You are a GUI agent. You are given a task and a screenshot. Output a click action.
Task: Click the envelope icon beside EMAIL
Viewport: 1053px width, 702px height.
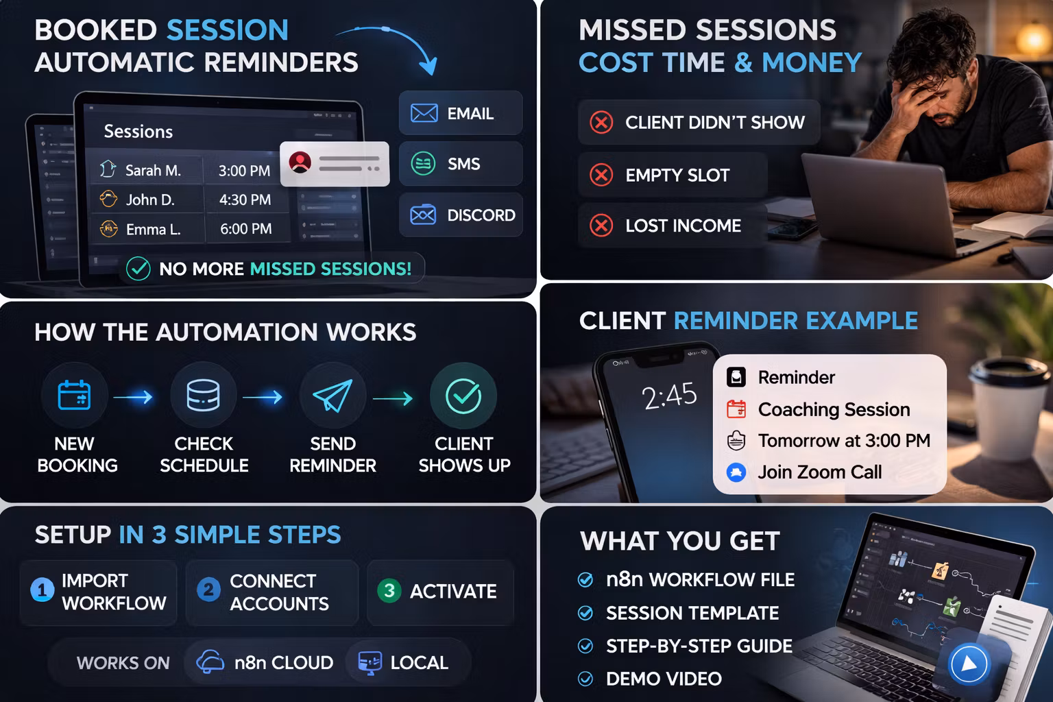[424, 113]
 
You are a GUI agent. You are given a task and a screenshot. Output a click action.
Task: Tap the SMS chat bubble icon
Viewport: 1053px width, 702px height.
[423, 164]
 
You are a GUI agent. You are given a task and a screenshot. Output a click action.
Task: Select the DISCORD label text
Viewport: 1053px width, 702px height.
[481, 215]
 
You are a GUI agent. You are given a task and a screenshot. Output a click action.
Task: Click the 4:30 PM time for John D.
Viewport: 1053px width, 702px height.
[245, 199]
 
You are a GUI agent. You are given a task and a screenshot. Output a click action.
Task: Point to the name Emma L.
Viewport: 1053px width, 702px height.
[154, 230]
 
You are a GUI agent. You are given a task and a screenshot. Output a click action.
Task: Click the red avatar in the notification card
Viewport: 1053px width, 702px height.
[300, 162]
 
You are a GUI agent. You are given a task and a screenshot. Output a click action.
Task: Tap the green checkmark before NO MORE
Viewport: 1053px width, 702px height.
[138, 269]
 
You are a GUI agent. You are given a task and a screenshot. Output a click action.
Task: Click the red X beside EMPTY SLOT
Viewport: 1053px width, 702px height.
[601, 175]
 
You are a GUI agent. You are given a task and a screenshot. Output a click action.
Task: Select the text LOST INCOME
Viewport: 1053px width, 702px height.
[683, 226]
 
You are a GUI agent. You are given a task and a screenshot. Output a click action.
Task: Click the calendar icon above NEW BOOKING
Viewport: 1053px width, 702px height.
[74, 395]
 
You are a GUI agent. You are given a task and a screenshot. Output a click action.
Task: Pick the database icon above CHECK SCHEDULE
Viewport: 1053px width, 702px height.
[203, 396]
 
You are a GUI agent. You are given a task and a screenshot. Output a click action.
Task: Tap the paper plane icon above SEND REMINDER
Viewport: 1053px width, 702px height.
[332, 396]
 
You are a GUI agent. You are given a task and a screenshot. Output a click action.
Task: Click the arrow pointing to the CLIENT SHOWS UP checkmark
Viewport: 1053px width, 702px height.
[393, 399]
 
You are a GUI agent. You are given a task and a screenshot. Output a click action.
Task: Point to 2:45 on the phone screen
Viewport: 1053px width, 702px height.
[669, 396]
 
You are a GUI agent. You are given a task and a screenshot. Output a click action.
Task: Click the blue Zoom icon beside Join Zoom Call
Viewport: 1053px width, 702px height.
[736, 472]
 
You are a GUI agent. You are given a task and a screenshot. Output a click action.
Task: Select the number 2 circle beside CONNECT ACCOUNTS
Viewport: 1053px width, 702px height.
[208, 590]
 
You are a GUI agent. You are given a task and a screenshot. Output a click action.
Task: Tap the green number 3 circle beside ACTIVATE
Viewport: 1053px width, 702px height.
[389, 590]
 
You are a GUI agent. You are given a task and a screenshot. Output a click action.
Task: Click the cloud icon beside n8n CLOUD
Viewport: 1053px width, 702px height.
[210, 662]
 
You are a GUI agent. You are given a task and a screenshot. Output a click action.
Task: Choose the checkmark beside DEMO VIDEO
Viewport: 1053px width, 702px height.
[585, 679]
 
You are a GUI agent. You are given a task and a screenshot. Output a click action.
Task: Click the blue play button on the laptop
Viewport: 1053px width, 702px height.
[969, 664]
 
